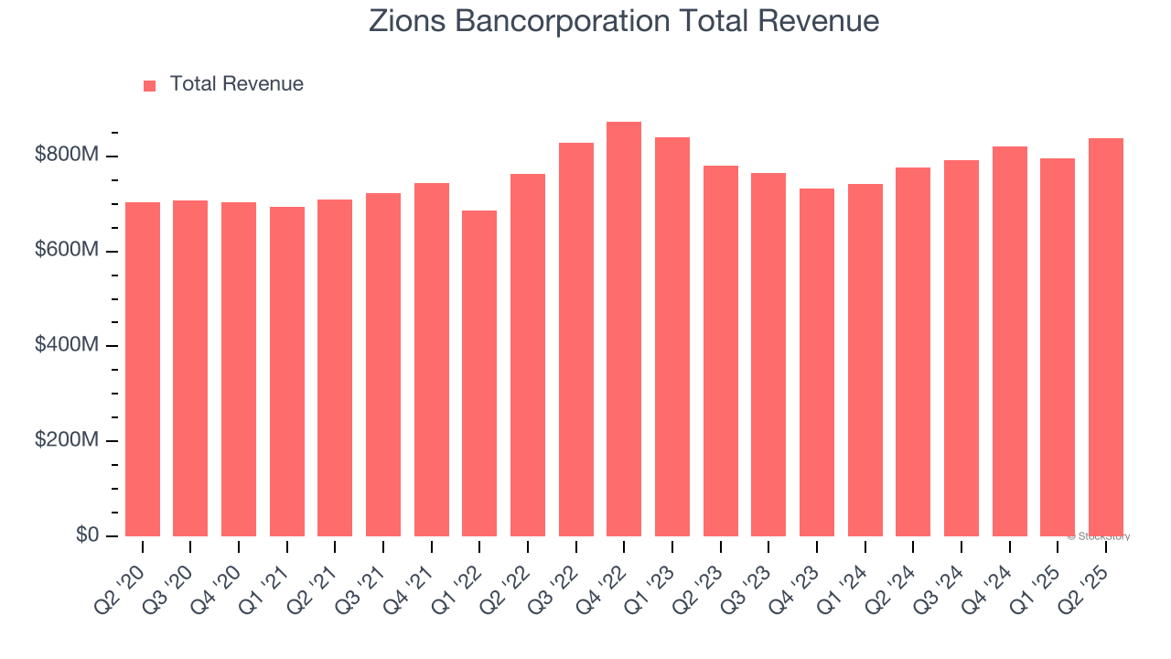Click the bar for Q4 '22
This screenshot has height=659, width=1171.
624,329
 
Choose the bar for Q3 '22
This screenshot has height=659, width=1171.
576,340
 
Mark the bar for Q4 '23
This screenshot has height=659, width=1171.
817,362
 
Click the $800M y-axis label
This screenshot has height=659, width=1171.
66,156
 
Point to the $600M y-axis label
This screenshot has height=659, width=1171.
66,251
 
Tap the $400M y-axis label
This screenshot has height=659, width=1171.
66,345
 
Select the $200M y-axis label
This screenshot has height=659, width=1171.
66,440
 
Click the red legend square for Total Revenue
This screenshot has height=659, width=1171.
150,85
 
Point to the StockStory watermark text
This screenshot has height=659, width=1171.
1099,536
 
